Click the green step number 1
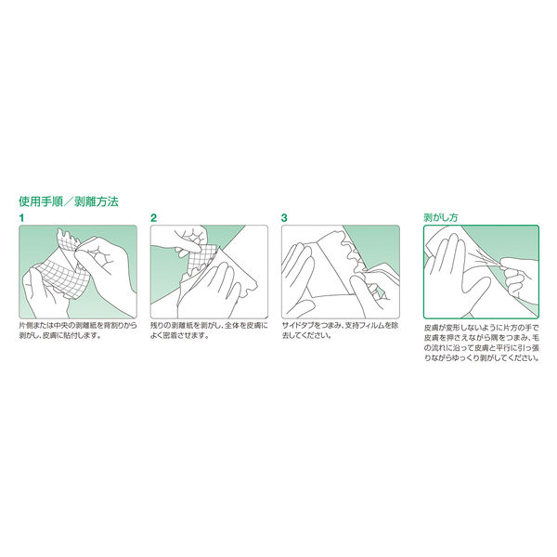[x=21, y=218]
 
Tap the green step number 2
[x=153, y=218]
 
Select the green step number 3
[x=284, y=218]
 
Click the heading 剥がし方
[x=440, y=217]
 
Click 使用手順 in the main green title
[x=41, y=201]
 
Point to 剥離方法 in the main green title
[x=97, y=201]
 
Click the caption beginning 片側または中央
[x=78, y=330]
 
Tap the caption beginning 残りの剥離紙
[x=209, y=330]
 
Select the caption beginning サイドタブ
[x=341, y=330]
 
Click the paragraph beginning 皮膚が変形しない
[x=481, y=343]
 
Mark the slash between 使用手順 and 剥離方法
[x=69, y=201]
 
